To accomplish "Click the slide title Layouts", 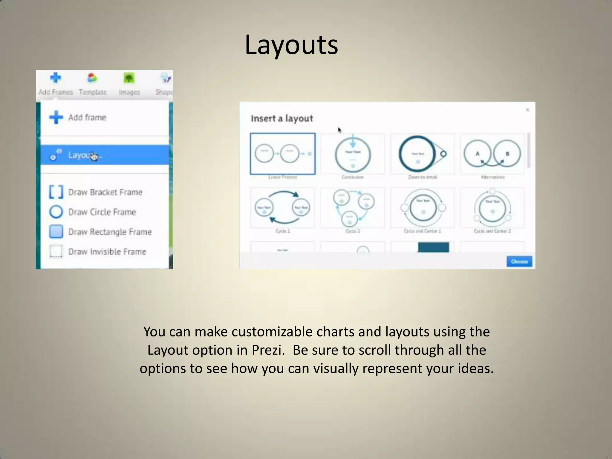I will point(291,45).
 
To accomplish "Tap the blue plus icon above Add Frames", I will point(56,78).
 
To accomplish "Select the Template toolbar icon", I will point(92,78).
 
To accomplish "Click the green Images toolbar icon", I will point(129,79).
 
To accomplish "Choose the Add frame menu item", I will point(87,117).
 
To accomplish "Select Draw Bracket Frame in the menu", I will point(105,192).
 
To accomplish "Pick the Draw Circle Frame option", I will point(102,212).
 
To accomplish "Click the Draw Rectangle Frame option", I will point(110,232).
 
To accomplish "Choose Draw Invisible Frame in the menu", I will point(107,252).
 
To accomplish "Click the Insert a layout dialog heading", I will point(282,119).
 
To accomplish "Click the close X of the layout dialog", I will point(528,110).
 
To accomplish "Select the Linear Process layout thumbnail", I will point(283,154).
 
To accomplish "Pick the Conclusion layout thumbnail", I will point(353,154).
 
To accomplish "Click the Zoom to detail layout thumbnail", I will point(422,154).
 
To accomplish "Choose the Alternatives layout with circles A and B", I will point(492,154).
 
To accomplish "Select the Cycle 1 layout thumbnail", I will point(283,208).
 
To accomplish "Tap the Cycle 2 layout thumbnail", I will point(353,208).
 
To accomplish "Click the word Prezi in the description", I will point(268,350).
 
